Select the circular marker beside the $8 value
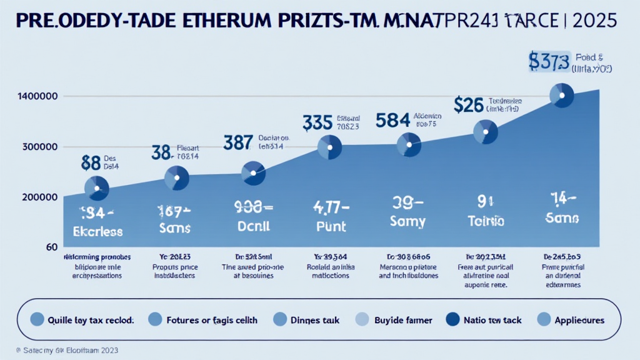point(96,187)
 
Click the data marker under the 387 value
point(253,172)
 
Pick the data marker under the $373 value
point(561,95)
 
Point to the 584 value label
point(392,119)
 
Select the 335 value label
point(317,121)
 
